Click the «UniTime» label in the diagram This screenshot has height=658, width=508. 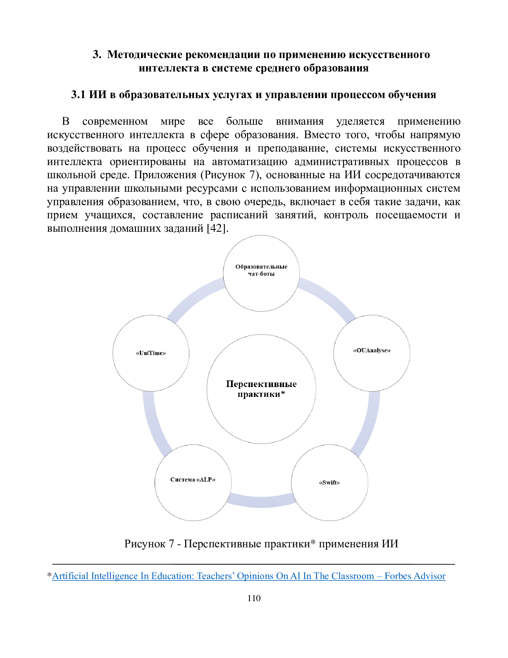[151, 353]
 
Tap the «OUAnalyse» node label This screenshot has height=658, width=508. [372, 351]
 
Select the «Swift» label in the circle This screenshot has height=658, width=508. [329, 482]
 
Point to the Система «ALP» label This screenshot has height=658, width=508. [193, 479]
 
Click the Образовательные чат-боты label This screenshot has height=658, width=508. [261, 270]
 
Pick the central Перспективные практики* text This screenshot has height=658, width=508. [261, 389]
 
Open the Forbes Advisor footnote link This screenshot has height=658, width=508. [249, 576]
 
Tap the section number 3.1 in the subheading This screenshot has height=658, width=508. [78, 95]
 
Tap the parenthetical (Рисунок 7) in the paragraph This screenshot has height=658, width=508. [231, 175]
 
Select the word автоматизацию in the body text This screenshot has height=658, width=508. [250, 162]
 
